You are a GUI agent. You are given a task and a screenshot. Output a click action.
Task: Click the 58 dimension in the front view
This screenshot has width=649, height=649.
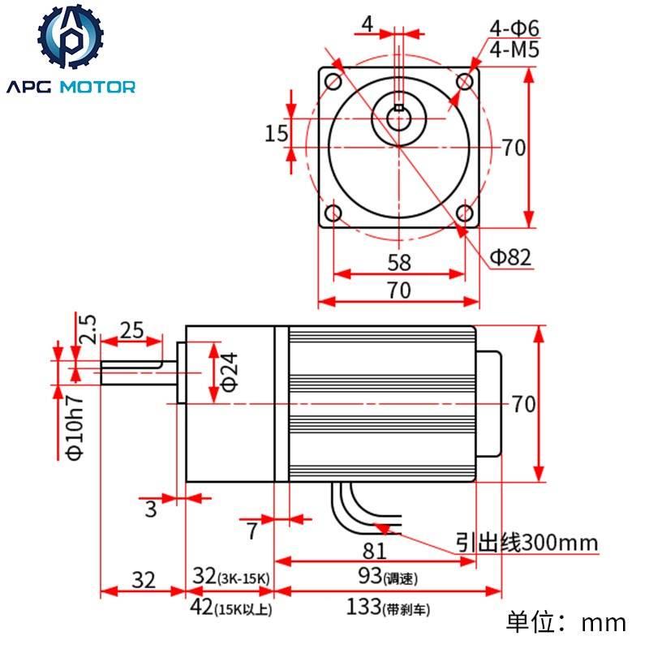[x=399, y=263]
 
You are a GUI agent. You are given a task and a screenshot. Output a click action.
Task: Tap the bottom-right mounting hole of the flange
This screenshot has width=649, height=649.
[x=464, y=214]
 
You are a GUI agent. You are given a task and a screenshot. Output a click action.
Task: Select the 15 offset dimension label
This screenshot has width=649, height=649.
[x=277, y=132]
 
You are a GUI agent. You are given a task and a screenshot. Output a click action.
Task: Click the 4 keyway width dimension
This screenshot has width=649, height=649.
[x=367, y=24]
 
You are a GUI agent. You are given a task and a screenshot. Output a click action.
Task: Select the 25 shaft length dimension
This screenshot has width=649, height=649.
[x=131, y=329]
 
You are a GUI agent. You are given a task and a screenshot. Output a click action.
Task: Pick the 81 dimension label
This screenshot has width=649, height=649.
[x=374, y=551]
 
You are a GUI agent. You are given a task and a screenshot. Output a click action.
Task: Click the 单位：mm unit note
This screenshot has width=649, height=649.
[x=566, y=622]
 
